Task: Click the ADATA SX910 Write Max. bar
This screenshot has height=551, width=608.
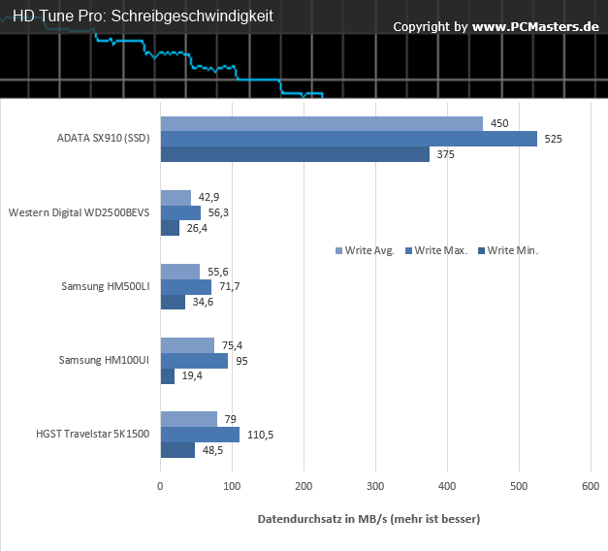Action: tap(348, 139)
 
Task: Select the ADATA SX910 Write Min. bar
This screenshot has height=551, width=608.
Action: tap(295, 154)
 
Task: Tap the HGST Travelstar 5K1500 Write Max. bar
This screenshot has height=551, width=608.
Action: tap(200, 435)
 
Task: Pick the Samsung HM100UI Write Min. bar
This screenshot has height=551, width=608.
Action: tap(167, 375)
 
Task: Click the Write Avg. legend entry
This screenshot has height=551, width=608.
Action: tap(365, 250)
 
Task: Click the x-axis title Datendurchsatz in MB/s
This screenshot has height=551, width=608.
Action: tap(368, 520)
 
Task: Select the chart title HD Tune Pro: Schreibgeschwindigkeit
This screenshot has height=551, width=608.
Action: tap(143, 16)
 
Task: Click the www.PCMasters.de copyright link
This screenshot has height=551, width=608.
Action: tap(535, 26)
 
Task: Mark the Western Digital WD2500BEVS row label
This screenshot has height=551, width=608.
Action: tap(79, 212)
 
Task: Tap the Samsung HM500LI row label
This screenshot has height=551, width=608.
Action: tap(105, 286)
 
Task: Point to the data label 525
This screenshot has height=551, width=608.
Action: tap(553, 139)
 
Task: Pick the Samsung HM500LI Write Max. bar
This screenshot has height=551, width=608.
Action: tap(185, 287)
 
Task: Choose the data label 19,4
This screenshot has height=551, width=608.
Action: tap(191, 376)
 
